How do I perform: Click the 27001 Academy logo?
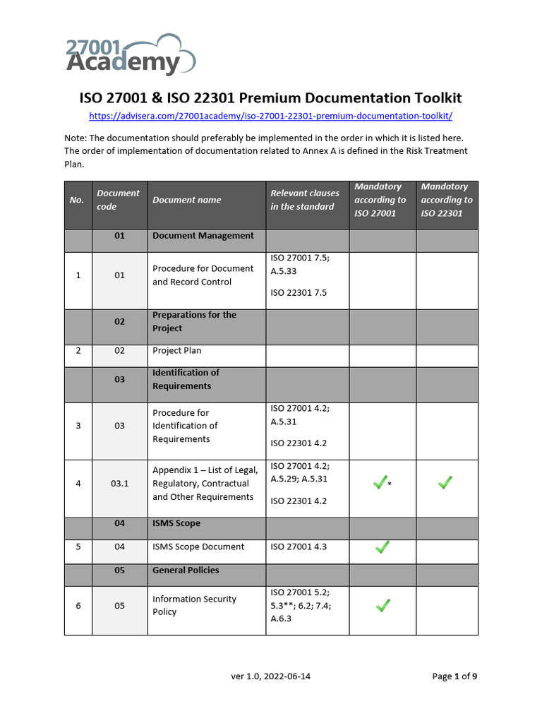[x=130, y=54]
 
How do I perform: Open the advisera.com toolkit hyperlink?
[x=270, y=116]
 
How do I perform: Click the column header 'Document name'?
[x=187, y=200]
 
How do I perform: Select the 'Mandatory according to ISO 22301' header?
[x=447, y=200]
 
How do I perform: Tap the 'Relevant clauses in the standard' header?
[x=305, y=200]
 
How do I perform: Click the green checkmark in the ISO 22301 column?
[x=445, y=483]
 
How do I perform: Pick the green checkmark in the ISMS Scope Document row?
[x=382, y=546]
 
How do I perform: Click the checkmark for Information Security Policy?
[x=382, y=605]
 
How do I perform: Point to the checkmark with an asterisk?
[x=380, y=483]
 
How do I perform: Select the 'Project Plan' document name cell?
[x=177, y=350]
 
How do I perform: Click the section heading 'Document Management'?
[x=203, y=236]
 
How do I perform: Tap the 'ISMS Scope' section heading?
[x=176, y=523]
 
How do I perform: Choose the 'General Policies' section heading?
[x=186, y=570]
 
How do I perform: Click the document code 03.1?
[x=119, y=484]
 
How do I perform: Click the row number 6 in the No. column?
[x=78, y=606]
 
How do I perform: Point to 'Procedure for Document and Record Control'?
[x=203, y=275]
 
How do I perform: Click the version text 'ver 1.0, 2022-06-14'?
[x=271, y=676]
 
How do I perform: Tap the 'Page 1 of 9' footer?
[x=454, y=676]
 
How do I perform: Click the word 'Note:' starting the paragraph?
[x=76, y=138]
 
